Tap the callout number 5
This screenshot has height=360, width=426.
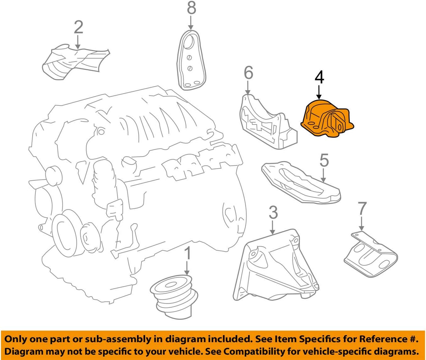coord(324,160)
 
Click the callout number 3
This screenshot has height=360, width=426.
coord(273,213)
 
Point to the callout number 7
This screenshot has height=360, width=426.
coord(362,209)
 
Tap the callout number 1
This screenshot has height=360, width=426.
coord(187,254)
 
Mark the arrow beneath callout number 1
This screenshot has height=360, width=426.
coord(187,269)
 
